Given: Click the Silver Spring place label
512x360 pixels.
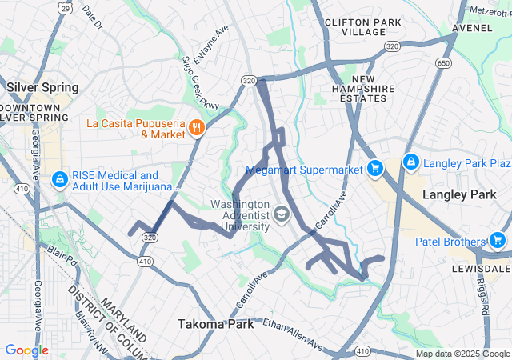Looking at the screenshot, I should point(42,86).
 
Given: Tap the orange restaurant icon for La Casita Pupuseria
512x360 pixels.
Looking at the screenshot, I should point(196,128).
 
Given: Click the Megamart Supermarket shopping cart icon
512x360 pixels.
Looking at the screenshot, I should point(374,168).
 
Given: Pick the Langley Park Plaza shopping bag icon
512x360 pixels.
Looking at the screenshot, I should point(411,162).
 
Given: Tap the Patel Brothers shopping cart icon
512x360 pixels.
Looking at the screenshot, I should point(497,240).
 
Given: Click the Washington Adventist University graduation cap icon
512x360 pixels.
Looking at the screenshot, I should point(281,214).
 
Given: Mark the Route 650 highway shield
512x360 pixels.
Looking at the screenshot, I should point(442,62).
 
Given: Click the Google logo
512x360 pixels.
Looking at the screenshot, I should point(26,350).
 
